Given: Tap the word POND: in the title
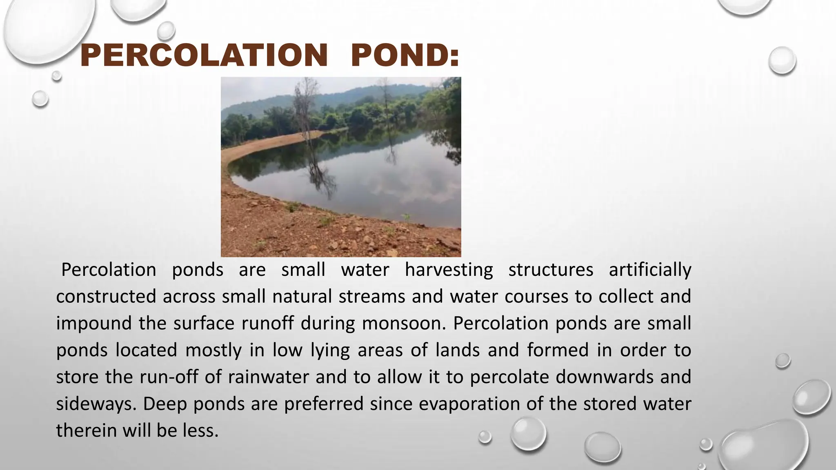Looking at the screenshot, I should point(405,55).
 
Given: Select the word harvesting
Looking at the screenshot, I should point(449,270).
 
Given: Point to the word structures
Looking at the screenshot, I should point(551,270).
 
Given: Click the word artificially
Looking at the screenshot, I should point(650,270).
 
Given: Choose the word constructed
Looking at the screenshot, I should point(106,297).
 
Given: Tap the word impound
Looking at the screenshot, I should point(94,324).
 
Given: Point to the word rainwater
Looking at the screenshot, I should point(268,377).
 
